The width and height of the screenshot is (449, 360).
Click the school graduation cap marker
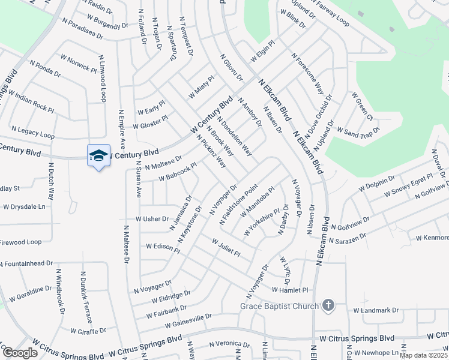(99, 156)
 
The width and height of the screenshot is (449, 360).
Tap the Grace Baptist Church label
(279, 306)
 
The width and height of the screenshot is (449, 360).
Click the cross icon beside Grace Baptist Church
(328, 305)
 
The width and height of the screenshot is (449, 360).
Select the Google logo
(20, 353)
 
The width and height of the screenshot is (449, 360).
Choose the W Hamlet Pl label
(289, 290)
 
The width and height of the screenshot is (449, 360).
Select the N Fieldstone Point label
(239, 205)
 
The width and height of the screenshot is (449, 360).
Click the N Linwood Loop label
(103, 79)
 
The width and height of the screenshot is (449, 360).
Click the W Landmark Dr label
(376, 310)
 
